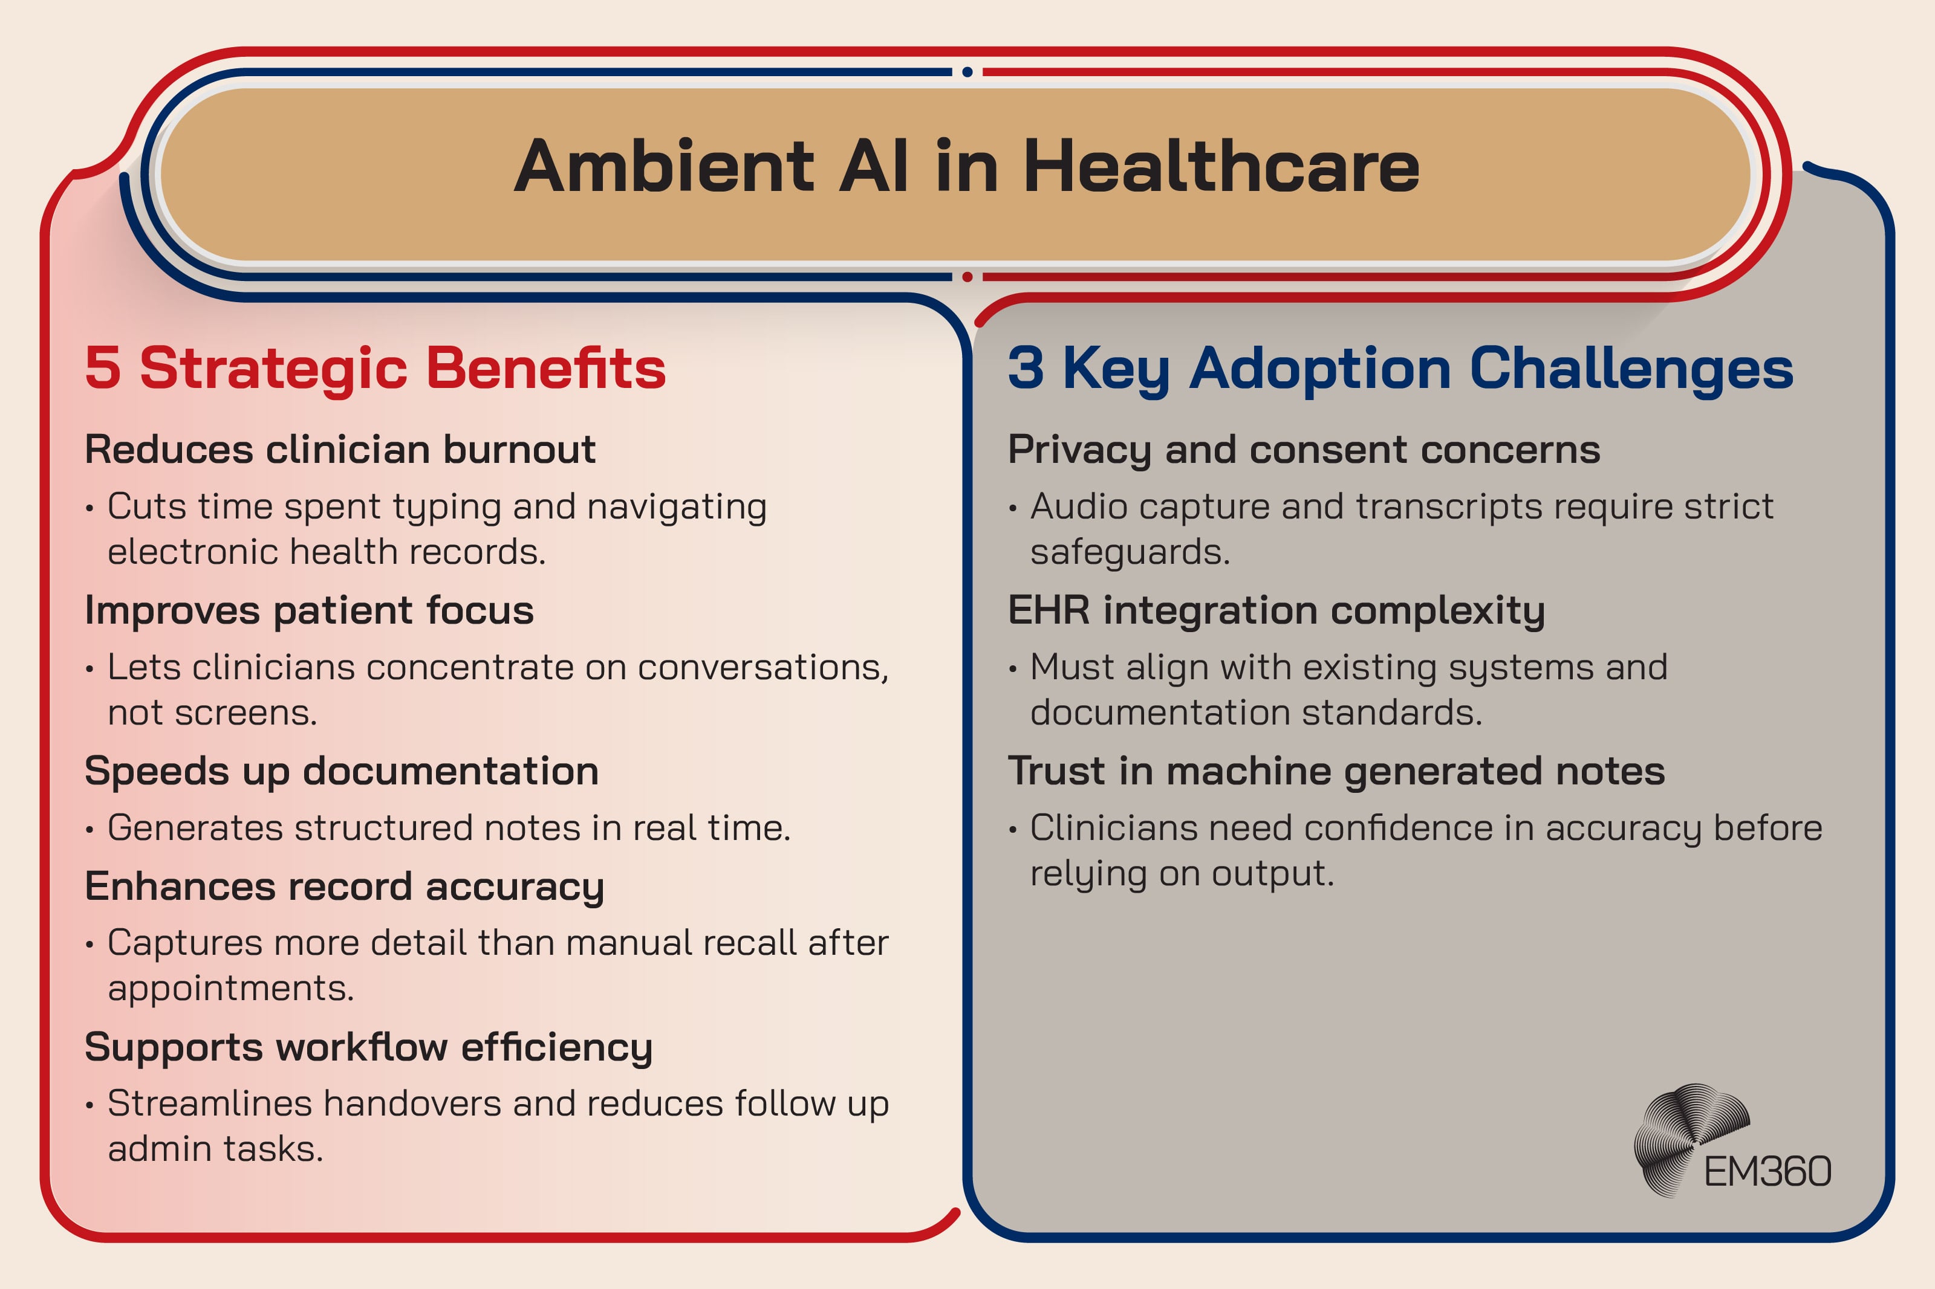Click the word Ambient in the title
(x=663, y=167)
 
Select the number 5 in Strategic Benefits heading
(x=103, y=367)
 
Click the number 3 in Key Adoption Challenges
(x=1026, y=367)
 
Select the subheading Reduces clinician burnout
(x=340, y=450)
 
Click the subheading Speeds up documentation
(x=341, y=771)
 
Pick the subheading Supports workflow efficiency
(x=368, y=1047)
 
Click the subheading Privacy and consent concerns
(x=1304, y=450)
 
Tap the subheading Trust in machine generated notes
(x=1336, y=771)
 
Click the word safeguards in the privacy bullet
(x=1129, y=552)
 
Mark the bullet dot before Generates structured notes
(x=89, y=830)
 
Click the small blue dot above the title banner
(x=967, y=73)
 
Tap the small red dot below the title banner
(x=967, y=277)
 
